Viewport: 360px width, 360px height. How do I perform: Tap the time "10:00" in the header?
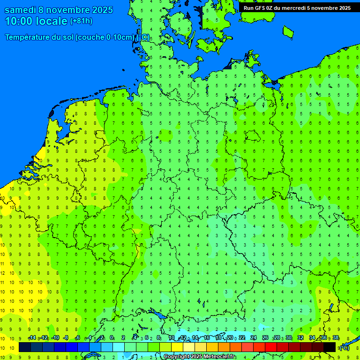coord(19,21)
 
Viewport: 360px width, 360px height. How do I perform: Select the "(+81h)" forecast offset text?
coord(81,21)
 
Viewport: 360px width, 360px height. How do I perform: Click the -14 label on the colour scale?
coord(32,338)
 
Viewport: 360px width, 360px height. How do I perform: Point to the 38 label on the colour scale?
coord(336,338)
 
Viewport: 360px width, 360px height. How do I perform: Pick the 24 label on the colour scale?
coord(254,338)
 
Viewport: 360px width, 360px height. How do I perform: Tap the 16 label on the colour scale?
coord(207,338)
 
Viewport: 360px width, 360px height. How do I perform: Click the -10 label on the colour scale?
coord(55,338)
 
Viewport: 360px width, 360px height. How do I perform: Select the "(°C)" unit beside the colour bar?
coord(344,347)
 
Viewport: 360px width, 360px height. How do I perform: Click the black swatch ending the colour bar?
coord(330,347)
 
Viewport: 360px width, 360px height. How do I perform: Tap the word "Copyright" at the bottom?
coord(176,357)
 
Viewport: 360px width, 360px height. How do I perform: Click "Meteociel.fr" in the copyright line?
coord(220,357)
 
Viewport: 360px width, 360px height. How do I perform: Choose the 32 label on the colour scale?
coord(300,338)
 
